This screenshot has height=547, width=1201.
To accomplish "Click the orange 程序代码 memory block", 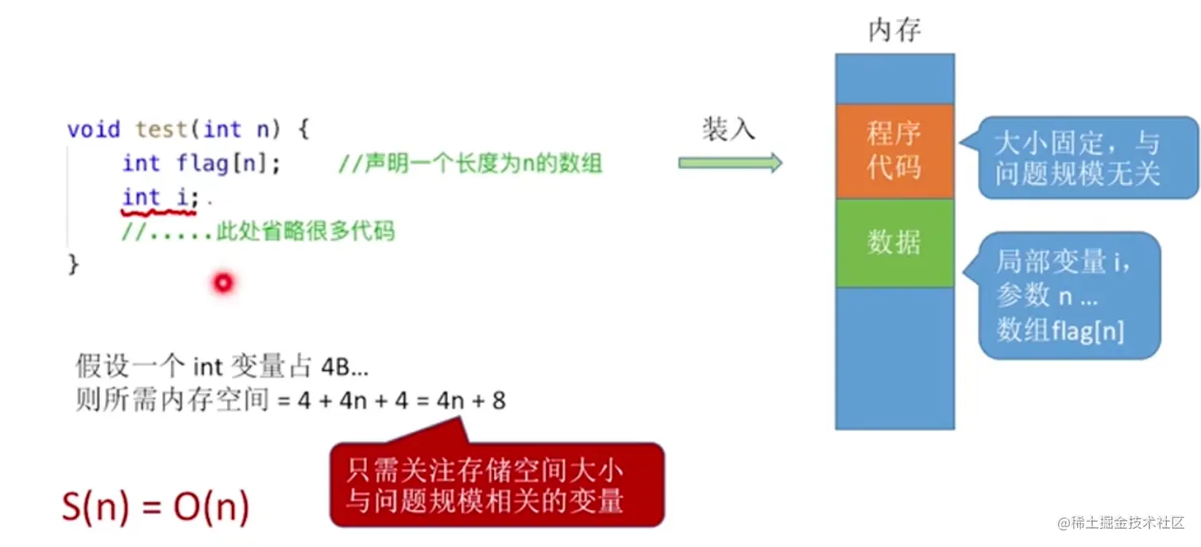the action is point(894,151).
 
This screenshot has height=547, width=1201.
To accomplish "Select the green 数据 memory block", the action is point(894,243).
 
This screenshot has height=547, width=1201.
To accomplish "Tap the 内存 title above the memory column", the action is point(894,30).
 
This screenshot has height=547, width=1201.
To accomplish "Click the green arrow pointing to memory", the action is point(730,162).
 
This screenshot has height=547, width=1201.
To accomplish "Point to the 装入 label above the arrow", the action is point(729,129).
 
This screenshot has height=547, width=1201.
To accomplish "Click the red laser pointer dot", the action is point(223,283).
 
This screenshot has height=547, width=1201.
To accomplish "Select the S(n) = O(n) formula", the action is point(156,506).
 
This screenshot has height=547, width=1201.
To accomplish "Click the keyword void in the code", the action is point(93,129).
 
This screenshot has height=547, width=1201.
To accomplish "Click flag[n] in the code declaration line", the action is point(222,163).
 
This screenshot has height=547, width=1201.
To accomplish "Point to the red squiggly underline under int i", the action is point(159,213).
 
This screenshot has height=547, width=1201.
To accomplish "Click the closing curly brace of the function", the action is point(73,264).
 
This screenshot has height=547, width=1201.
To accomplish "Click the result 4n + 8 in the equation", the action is point(471,400).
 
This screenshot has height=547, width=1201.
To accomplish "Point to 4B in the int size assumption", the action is point(336,368).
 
